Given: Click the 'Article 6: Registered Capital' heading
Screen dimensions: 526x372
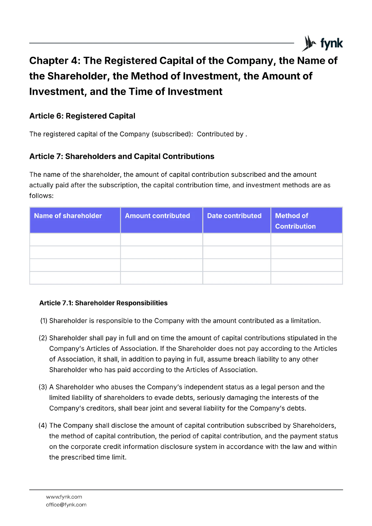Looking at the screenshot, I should click(x=82, y=116).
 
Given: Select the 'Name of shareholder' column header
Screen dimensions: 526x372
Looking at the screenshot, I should click(x=68, y=216).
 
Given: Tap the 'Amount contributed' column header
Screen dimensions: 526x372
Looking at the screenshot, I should click(x=157, y=216).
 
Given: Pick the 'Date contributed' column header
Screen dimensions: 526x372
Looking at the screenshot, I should click(x=234, y=216).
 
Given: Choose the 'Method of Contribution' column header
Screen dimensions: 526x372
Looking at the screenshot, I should click(x=295, y=221).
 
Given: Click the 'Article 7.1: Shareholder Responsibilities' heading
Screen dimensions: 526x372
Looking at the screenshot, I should click(x=103, y=303).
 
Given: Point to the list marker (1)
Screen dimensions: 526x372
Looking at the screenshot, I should click(x=44, y=321).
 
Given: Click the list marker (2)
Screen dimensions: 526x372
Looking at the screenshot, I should click(x=43, y=338).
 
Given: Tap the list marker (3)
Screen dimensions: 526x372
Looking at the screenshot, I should click(x=43, y=387).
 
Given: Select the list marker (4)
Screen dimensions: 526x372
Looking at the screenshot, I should click(x=43, y=425).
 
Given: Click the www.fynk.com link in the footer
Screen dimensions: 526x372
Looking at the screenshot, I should click(x=64, y=497).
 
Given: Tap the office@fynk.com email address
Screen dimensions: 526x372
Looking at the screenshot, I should click(x=66, y=505).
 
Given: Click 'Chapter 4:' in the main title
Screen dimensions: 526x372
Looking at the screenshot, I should click(x=54, y=61).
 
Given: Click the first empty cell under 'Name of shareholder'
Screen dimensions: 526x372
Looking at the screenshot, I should click(x=75, y=240).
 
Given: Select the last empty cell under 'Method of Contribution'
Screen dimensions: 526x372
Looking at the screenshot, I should click(x=307, y=278).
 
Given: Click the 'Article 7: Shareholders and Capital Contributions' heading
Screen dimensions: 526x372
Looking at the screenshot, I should click(x=122, y=156).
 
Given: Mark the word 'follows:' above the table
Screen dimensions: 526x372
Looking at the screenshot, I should click(x=41, y=196).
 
